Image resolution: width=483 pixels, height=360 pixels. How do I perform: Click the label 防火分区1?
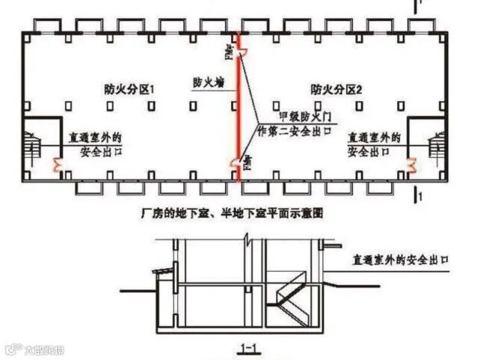point(129,90)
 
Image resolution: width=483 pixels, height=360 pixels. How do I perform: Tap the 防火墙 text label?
point(207,82)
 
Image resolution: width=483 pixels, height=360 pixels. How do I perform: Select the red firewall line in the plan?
point(239,112)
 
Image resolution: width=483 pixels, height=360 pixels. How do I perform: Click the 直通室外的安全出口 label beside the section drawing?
point(404,260)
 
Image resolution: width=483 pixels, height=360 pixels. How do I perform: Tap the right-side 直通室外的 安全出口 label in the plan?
point(374,144)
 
